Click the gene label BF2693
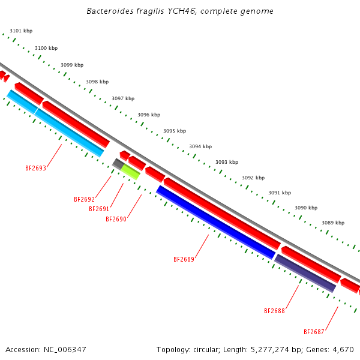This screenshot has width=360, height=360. pyautogui.click(x=35, y=169)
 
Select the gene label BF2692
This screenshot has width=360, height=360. pyautogui.click(x=84, y=199)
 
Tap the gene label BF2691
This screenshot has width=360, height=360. pyautogui.click(x=99, y=209)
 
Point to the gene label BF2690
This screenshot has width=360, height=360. pyautogui.click(x=116, y=219)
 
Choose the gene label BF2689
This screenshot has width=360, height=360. pyautogui.click(x=184, y=259)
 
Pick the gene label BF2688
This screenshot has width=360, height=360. pyautogui.click(x=274, y=311)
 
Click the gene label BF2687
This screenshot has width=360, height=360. pyautogui.click(x=314, y=332)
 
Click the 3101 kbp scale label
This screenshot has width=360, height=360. pyautogui.click(x=21, y=31)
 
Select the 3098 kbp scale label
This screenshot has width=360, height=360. pyautogui.click(x=97, y=82)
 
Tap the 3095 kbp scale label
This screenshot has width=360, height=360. pyautogui.click(x=175, y=131)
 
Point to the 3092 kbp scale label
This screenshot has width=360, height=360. pyautogui.click(x=253, y=178)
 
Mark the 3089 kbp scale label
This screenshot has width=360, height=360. pyautogui.click(x=333, y=223)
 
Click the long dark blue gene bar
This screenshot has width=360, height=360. pyautogui.click(x=216, y=223)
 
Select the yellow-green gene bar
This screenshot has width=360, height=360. pyautogui.click(x=131, y=172)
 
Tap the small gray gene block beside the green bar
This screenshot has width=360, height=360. pyautogui.click(x=118, y=163)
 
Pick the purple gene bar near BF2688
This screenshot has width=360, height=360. pyautogui.click(x=305, y=273)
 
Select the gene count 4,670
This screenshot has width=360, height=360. pyautogui.click(x=344, y=349)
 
